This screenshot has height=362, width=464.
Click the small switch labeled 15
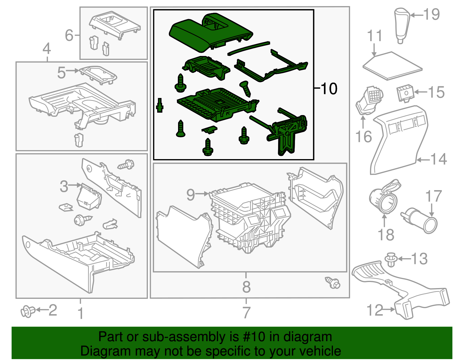(x=405, y=93)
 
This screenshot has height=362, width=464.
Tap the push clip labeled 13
(x=391, y=259)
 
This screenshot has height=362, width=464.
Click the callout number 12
(x=375, y=310)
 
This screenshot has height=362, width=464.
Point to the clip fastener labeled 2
(x=28, y=311)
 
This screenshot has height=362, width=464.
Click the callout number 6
(x=69, y=35)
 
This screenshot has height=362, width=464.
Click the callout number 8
(x=246, y=287)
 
